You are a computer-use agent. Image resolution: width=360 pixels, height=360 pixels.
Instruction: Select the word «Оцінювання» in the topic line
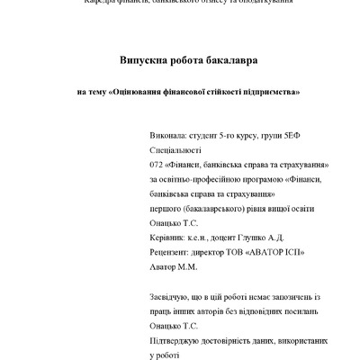pyautogui.click(x=140, y=92)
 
